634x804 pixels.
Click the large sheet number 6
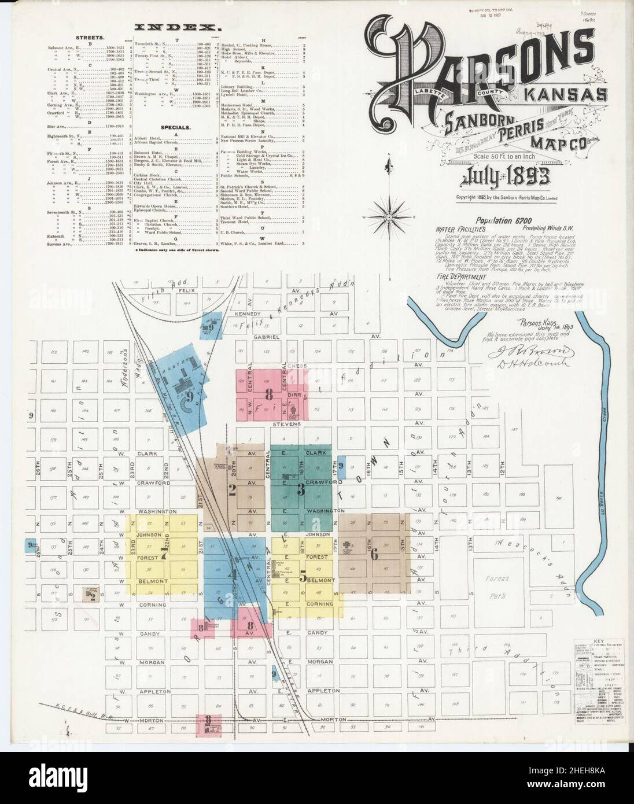point(374,554)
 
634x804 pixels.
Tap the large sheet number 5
point(302,576)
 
